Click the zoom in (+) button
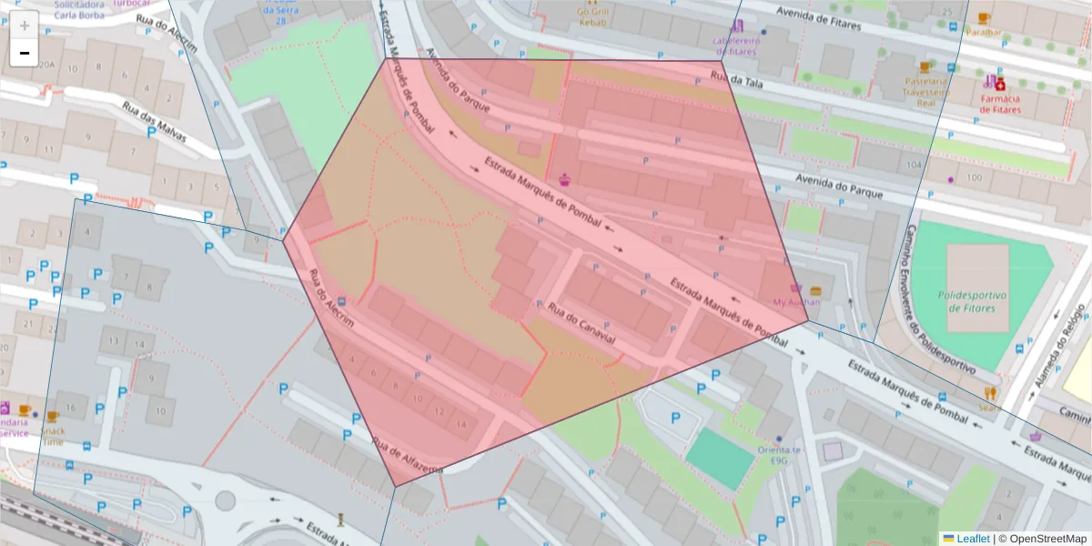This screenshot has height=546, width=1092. pos(24,25)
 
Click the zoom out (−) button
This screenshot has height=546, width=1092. pos(24,53)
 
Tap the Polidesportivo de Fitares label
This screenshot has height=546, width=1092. pos(977,301)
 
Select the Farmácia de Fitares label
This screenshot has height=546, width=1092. pos(1000,104)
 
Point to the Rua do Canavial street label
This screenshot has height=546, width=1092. pos(581,324)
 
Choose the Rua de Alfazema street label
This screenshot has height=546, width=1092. pos(407,456)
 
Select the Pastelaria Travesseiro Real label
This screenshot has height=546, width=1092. pos(925,91)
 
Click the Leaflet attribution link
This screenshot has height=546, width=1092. pos(973,539)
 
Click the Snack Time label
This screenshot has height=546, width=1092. pos(54,436)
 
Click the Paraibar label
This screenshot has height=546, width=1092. pos(984,32)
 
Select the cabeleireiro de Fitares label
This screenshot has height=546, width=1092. pos(735,45)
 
